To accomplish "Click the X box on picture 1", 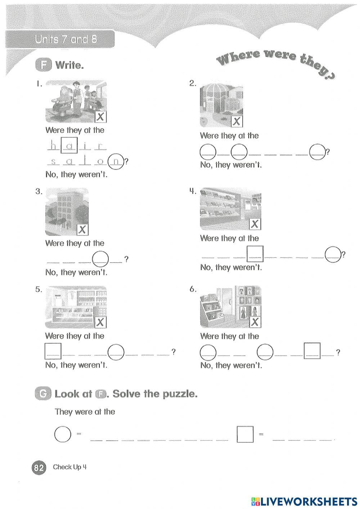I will [x=101, y=117].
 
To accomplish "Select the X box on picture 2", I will [x=237, y=122].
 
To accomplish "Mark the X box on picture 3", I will [x=83, y=229].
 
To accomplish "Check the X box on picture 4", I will [x=255, y=224].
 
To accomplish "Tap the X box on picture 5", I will [x=100, y=322].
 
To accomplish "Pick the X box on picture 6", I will [x=255, y=322].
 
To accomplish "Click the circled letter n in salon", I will [x=116, y=161].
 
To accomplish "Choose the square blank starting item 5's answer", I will [x=53, y=351].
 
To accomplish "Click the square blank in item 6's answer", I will [x=312, y=351].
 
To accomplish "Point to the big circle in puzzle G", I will [x=62, y=434].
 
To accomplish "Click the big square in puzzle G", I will [x=245, y=434].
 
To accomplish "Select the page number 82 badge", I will [x=39, y=468].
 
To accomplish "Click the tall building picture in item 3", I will [x=67, y=211].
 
